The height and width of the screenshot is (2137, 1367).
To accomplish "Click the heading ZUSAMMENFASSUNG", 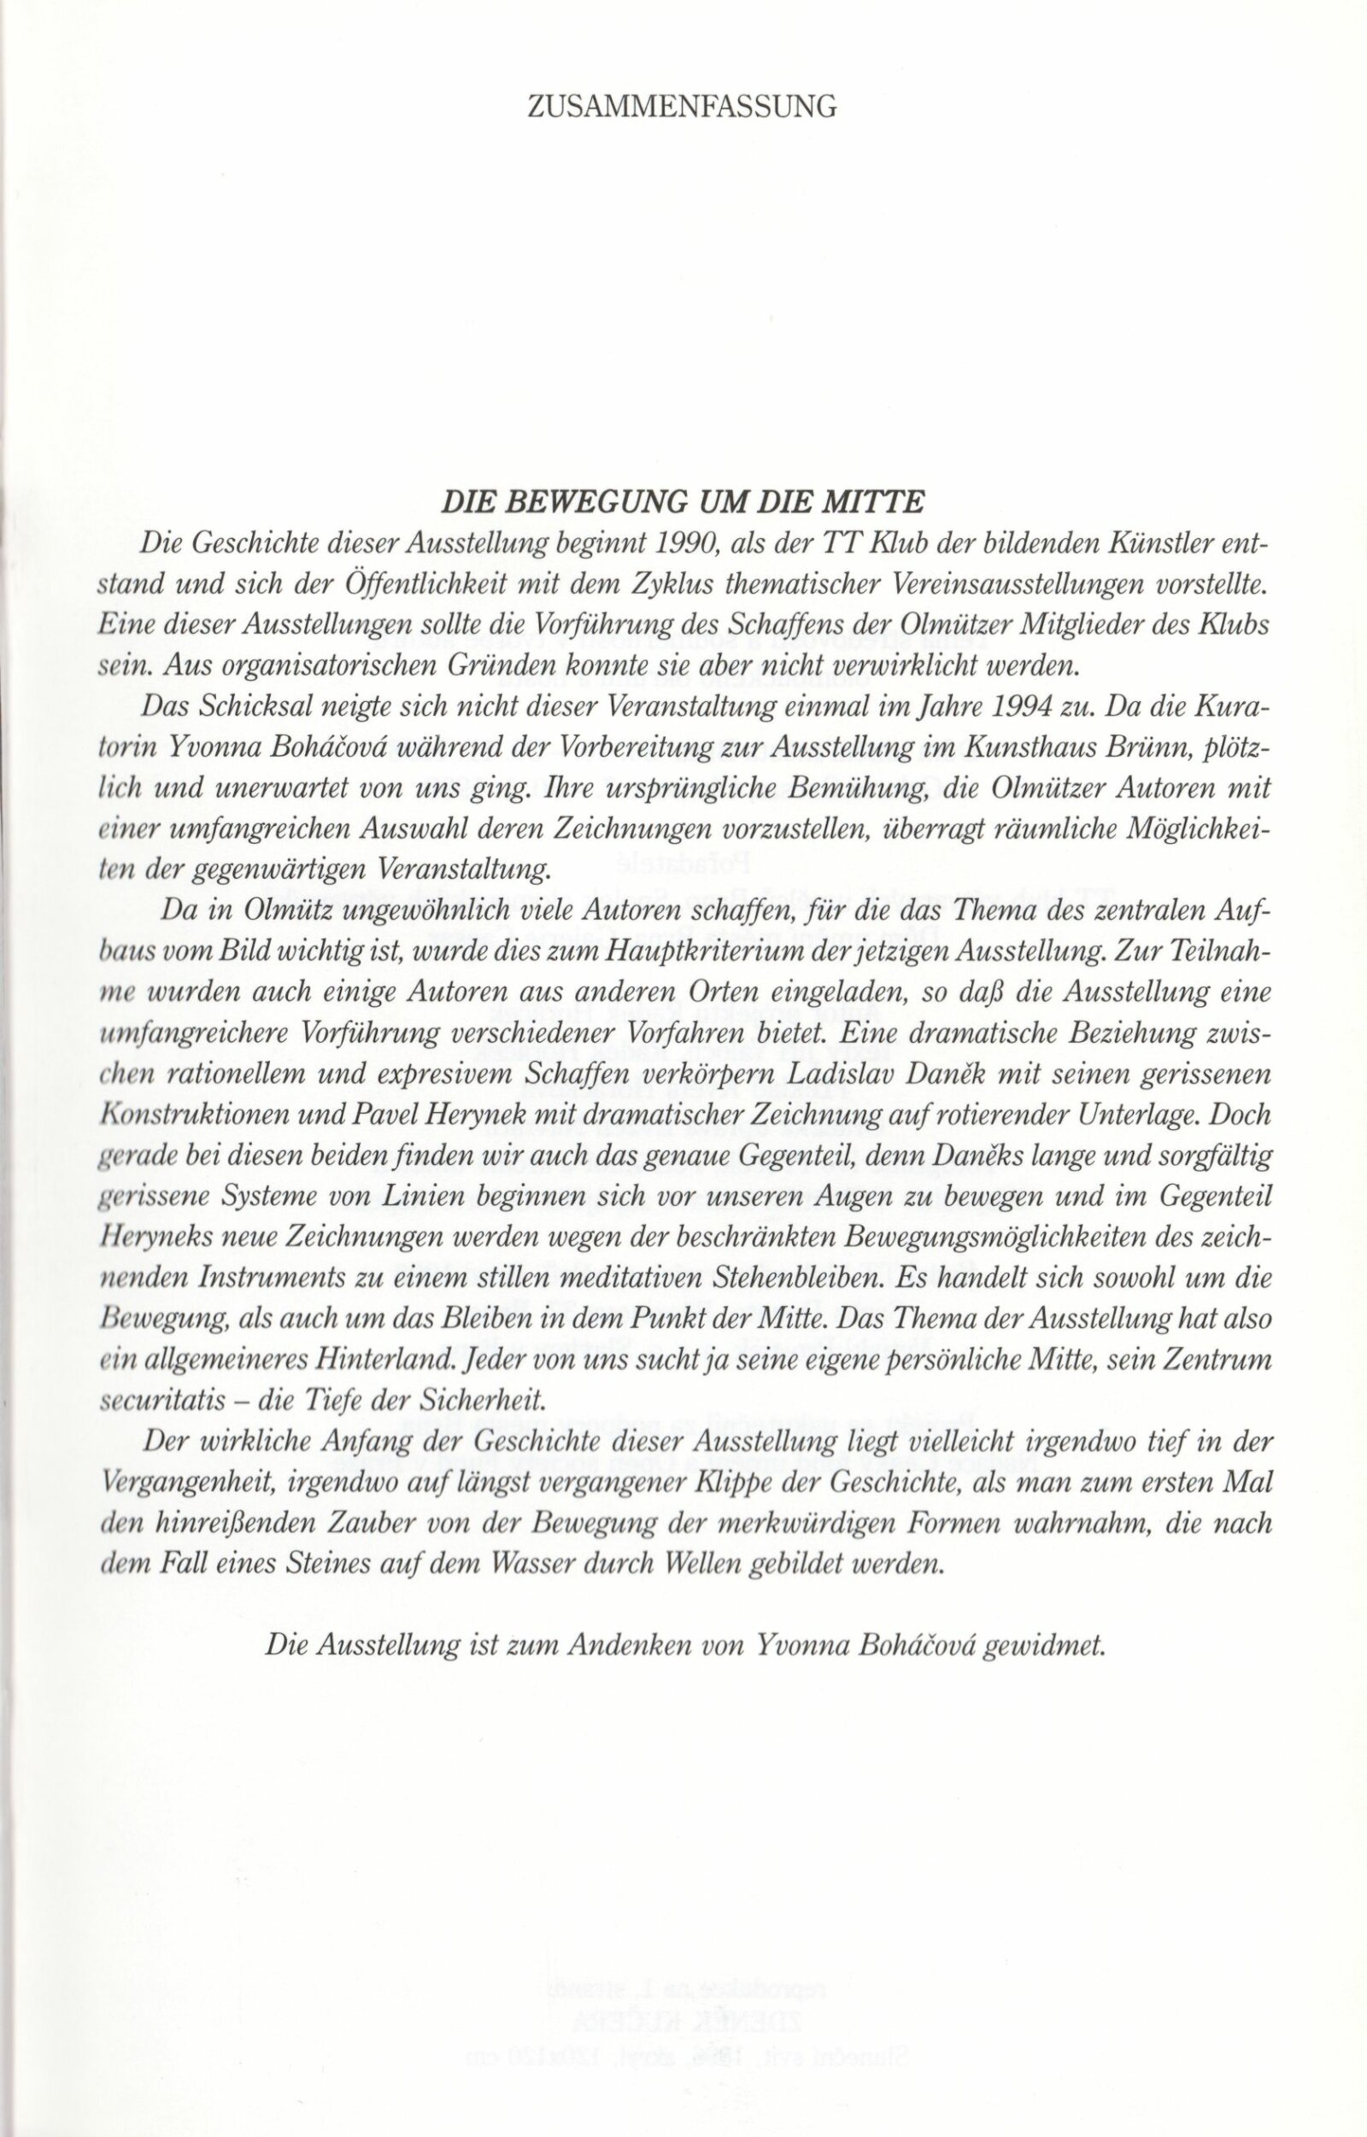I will [683, 108].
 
